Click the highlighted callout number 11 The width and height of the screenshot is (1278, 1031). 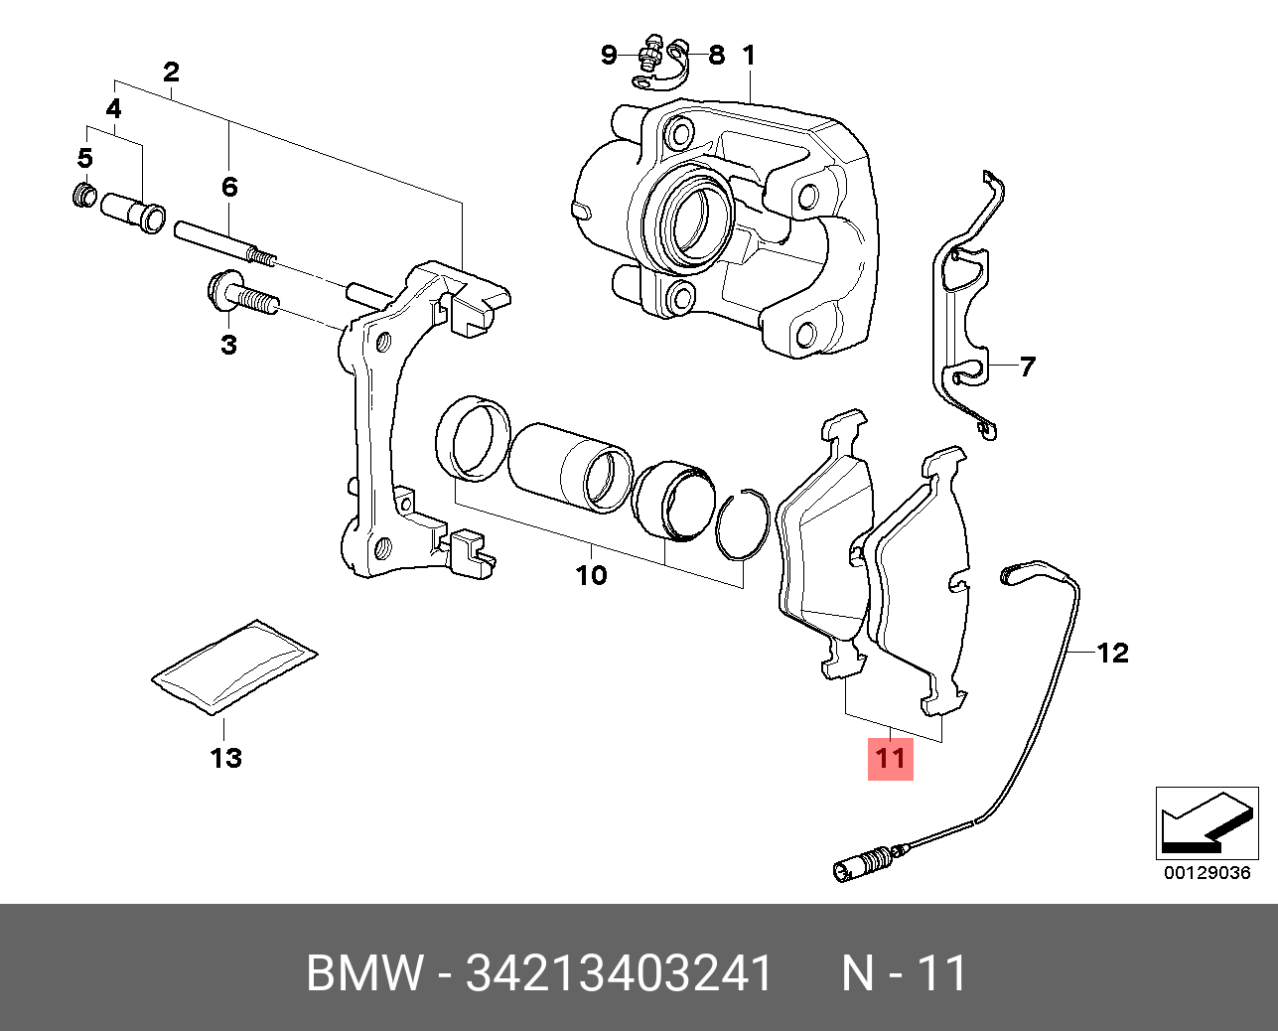point(890,758)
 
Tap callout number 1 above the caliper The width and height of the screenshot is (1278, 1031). point(749,55)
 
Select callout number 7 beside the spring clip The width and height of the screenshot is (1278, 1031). point(1027,368)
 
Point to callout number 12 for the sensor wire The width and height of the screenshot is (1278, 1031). point(1113,653)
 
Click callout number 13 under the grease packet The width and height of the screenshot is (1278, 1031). point(225,758)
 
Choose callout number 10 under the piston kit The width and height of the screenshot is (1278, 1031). point(591,575)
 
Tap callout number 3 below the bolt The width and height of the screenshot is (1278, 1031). point(228,345)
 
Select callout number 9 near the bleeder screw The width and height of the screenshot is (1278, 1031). point(610,55)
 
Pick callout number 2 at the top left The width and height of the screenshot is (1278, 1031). point(171,72)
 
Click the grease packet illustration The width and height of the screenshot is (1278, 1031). point(234,665)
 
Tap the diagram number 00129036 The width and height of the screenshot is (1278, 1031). point(1207,874)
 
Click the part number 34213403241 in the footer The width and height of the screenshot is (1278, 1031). point(619,974)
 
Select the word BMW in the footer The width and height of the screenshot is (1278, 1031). point(363,974)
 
